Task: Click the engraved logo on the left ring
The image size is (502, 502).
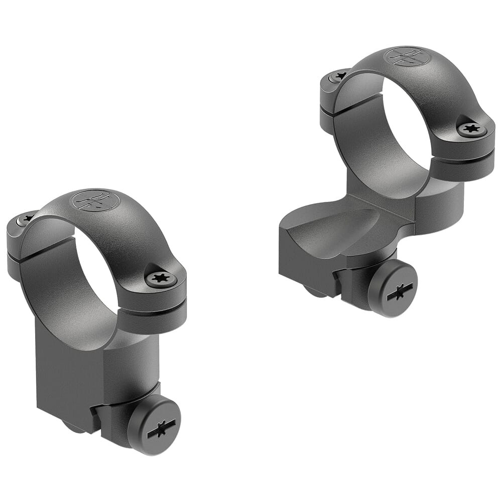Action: (95, 200)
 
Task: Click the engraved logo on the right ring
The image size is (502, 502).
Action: (407, 56)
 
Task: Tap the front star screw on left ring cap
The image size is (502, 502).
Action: (161, 278)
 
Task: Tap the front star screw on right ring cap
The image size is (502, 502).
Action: (472, 129)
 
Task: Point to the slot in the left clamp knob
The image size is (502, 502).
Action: (161, 428)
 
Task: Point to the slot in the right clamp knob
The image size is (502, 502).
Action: (400, 292)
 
